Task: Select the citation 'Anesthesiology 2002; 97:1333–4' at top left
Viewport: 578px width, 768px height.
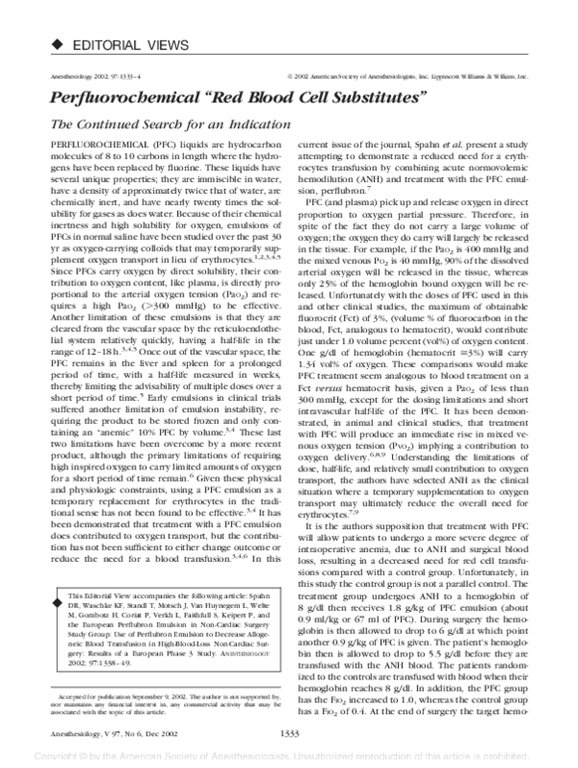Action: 83,73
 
